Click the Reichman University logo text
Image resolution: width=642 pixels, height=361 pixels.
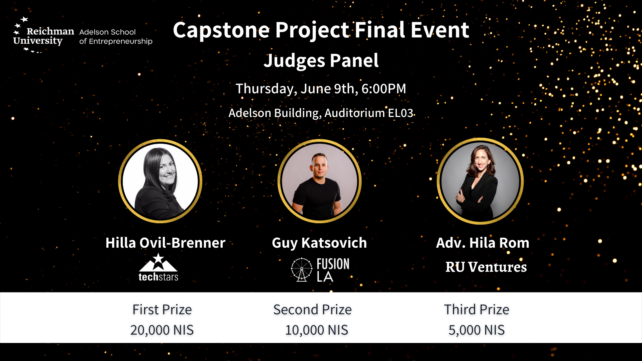coord(43,36)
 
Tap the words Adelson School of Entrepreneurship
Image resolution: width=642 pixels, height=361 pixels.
coord(116,37)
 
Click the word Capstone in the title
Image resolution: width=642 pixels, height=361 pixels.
coord(221,30)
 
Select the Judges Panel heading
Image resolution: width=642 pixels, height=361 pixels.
coord(321,61)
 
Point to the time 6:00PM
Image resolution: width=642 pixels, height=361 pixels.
coord(384,89)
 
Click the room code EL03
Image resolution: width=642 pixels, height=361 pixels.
coord(401,113)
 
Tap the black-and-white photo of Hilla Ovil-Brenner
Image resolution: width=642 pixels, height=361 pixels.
coord(160,181)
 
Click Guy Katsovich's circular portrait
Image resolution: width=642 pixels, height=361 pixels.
coord(319,181)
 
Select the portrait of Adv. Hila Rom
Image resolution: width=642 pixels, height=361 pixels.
coord(480,181)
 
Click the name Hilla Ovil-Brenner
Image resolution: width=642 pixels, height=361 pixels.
coord(165,243)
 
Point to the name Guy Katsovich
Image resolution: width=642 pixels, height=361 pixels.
coord(319,243)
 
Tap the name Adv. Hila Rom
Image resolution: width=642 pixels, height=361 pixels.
coord(483,243)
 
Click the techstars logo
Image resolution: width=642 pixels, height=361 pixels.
coord(158,267)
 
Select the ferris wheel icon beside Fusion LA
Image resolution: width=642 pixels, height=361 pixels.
coord(302,269)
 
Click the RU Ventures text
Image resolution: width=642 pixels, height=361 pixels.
coord(486,267)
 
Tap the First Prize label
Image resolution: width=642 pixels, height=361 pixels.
coord(162,310)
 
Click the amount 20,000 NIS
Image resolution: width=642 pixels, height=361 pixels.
coord(162,330)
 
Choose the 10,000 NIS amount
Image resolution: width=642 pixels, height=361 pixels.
coord(316,330)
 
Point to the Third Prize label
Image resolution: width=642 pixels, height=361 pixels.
coord(476,310)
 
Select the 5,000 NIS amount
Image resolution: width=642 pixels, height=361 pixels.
coord(476,330)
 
